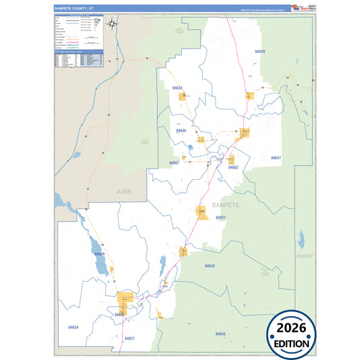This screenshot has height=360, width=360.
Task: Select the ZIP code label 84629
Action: pos(260,52)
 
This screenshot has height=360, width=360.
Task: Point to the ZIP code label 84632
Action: pos(177,88)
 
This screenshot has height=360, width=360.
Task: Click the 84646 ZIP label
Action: pos(181,130)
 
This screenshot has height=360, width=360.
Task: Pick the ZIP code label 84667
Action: pos(174,163)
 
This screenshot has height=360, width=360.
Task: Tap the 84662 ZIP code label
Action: pos(233,167)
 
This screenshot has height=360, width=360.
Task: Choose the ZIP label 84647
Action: pos(276,157)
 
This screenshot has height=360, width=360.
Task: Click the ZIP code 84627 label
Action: pos(220,217)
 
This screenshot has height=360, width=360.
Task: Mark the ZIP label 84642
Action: pos(209,266)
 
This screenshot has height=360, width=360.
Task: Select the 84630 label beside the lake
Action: pos(100,253)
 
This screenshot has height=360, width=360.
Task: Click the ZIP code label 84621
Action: pos(130,338)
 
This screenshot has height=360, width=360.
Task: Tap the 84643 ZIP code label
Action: pos(220,334)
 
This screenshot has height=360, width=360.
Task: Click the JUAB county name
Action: pos(122,191)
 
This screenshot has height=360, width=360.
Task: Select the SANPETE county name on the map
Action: pos(226,204)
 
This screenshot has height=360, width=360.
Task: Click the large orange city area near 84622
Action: pos(125,299)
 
